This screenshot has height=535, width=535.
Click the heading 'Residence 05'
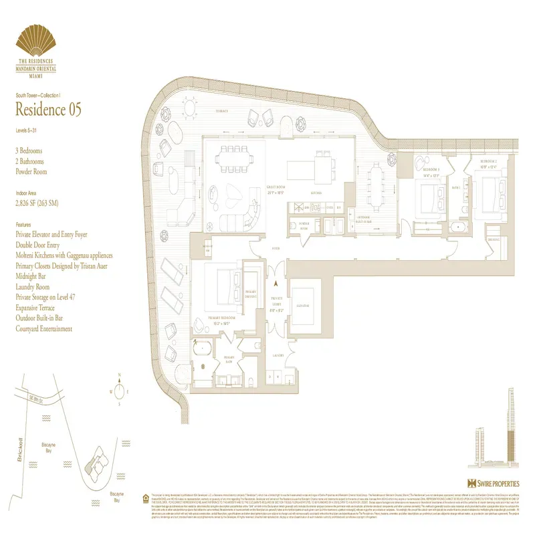[x=48, y=109]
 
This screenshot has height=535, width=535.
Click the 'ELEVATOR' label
[x=302, y=305]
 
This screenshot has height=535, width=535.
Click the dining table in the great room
[x=229, y=158]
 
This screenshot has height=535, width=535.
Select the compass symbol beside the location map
[x=118, y=389]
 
